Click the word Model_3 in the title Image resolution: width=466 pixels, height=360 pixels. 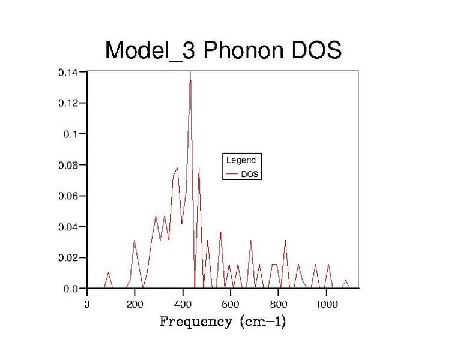point(150,50)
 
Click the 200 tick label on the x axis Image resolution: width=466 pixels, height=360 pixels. point(135,304)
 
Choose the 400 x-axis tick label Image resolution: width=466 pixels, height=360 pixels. point(183,304)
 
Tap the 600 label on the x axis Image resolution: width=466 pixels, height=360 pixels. point(231,304)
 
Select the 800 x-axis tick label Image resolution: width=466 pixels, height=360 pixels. point(279,304)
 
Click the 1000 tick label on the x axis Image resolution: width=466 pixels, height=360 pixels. point(327,304)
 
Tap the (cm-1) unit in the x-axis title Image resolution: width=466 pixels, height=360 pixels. point(262,322)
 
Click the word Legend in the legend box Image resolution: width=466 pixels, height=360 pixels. point(241,161)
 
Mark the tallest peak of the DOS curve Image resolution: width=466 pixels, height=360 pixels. point(190,73)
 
